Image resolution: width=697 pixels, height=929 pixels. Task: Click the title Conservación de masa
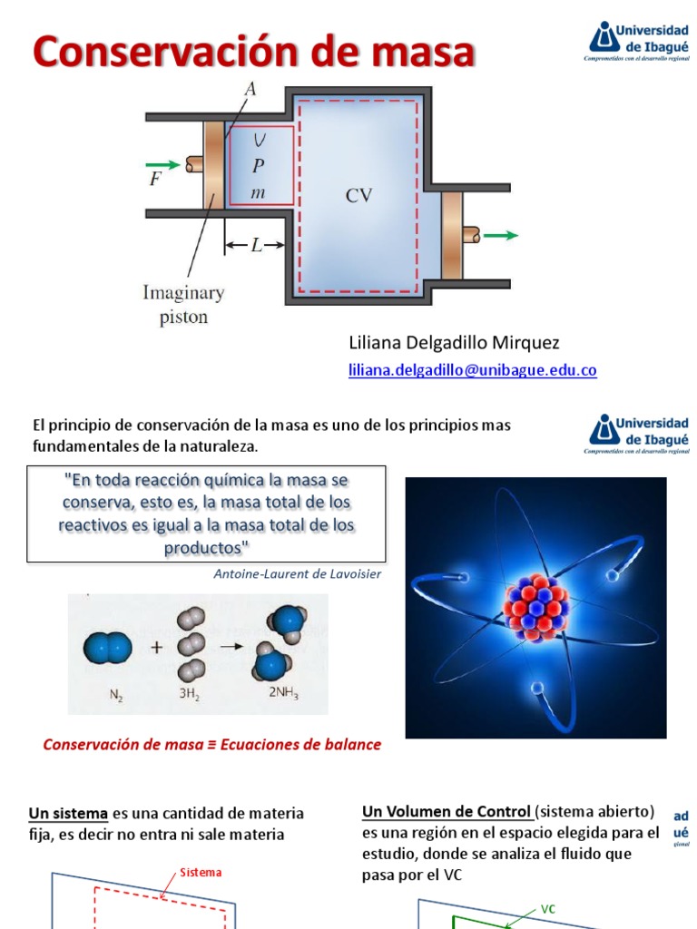(x=254, y=53)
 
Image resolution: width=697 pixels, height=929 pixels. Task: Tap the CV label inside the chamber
(x=359, y=195)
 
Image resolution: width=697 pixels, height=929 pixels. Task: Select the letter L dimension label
(x=257, y=245)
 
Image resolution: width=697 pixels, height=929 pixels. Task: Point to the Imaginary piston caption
(x=182, y=305)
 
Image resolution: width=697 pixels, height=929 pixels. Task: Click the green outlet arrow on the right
(x=500, y=235)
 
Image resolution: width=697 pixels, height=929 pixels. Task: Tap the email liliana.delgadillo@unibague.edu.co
(x=473, y=370)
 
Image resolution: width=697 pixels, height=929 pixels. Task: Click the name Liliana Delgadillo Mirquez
(x=454, y=343)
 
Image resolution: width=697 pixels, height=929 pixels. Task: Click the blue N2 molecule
(x=108, y=648)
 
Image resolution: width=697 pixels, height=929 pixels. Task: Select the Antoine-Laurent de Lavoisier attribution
(x=298, y=573)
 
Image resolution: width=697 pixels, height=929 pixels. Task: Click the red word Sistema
(x=201, y=873)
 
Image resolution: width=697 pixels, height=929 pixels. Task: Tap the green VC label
(x=547, y=908)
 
